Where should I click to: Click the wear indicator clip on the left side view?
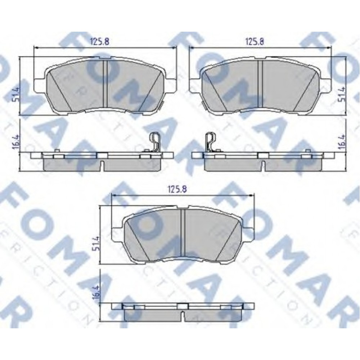click(x=154, y=142)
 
